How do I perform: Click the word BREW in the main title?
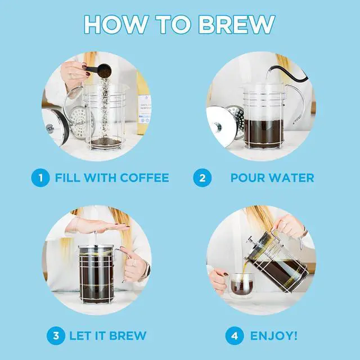(236, 25)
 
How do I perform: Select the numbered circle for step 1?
(40, 178)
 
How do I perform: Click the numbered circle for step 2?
(202, 178)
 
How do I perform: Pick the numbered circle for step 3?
(56, 336)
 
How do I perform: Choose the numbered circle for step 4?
(235, 336)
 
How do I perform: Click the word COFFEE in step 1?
(145, 178)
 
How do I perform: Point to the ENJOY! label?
(274, 336)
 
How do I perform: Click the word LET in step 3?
(80, 336)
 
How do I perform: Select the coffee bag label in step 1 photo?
(145, 110)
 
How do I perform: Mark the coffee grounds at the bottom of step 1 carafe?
(105, 142)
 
